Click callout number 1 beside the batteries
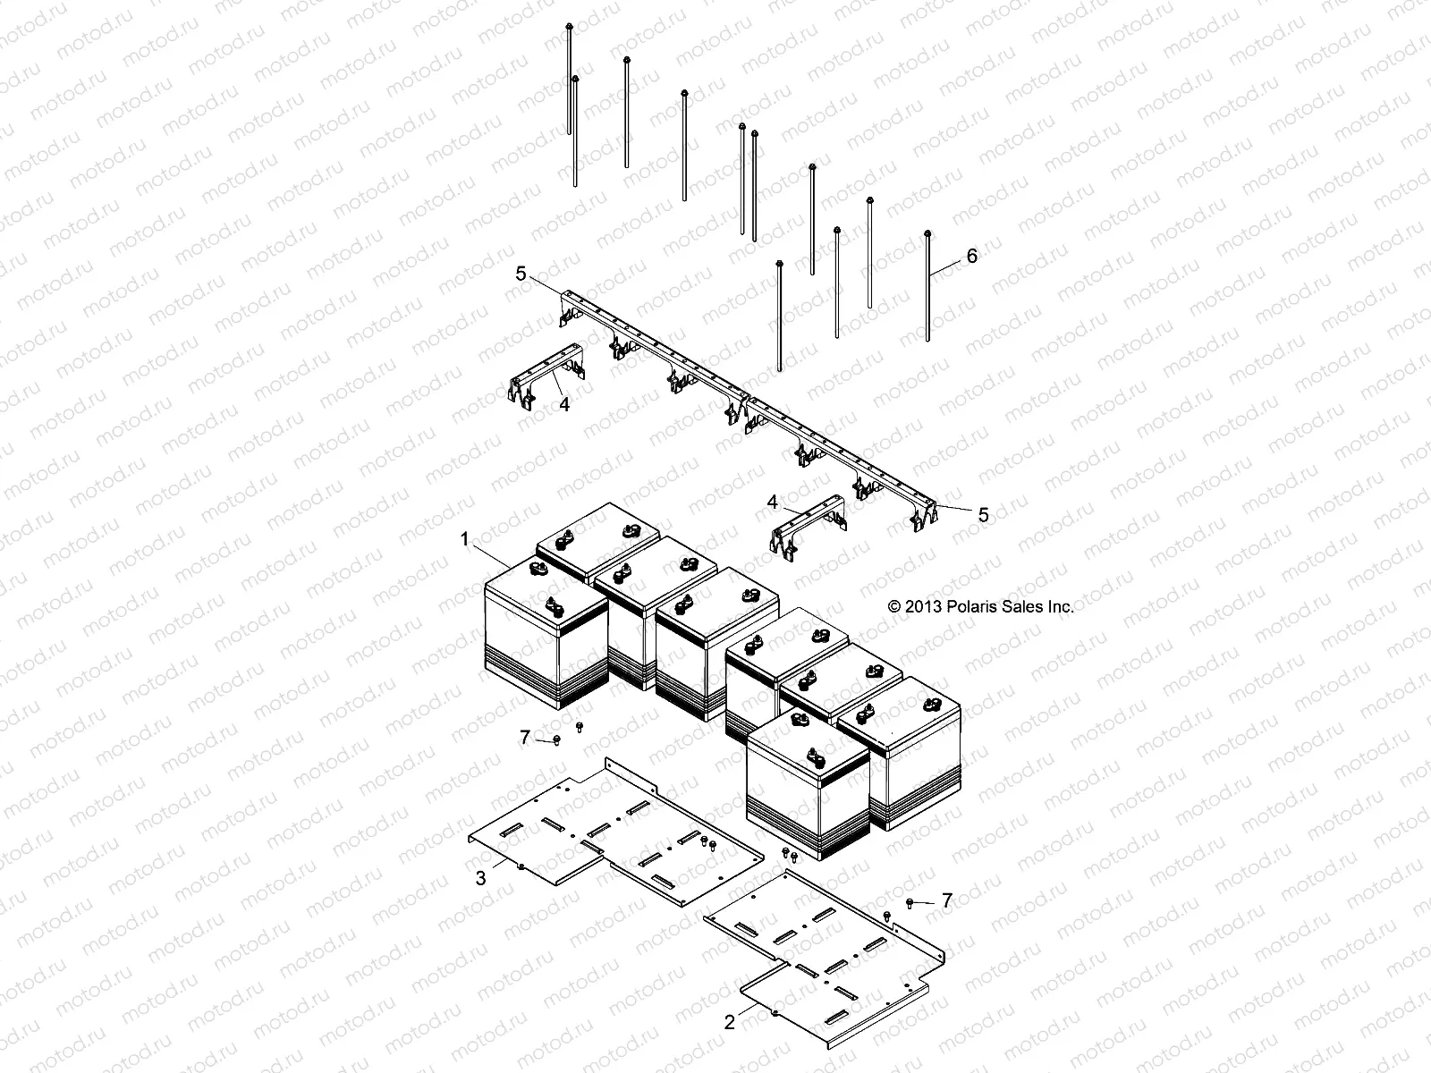[464, 539]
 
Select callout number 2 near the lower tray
[729, 1022]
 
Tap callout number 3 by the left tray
[480, 878]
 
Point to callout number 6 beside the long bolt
[971, 257]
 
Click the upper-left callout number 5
[521, 275]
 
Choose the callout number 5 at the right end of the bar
[983, 515]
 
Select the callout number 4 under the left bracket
[563, 404]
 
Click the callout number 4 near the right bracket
[773, 503]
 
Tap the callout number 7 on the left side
[525, 737]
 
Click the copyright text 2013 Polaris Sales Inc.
[980, 606]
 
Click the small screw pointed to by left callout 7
[556, 739]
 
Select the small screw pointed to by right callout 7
[910, 903]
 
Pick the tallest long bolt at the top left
[570, 80]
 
